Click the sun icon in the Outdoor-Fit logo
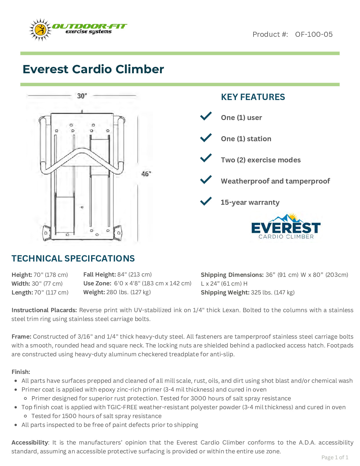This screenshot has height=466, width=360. coord(40,30)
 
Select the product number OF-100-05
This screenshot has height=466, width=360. coord(314,34)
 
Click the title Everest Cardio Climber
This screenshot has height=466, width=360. coord(93,69)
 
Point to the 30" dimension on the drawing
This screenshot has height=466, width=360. coord(82,96)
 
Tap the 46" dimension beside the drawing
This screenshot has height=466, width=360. coord(146,174)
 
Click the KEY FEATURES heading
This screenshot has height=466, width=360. coord(253,97)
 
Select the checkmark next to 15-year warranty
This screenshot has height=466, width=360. coord(206,202)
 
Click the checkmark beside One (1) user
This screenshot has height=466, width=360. coord(206,116)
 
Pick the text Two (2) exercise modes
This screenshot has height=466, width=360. coord(261,160)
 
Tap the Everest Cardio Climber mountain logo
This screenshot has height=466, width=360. coord(286,227)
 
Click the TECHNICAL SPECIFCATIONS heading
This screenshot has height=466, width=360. coord(73,259)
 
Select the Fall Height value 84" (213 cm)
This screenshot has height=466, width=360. coord(134,274)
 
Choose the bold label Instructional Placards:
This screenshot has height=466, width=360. coord(44,310)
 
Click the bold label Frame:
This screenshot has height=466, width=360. coord(21,337)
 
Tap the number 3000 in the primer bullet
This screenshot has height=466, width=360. coord(199,398)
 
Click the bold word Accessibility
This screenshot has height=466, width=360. coord(30,442)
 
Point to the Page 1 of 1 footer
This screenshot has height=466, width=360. coord(335,457)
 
